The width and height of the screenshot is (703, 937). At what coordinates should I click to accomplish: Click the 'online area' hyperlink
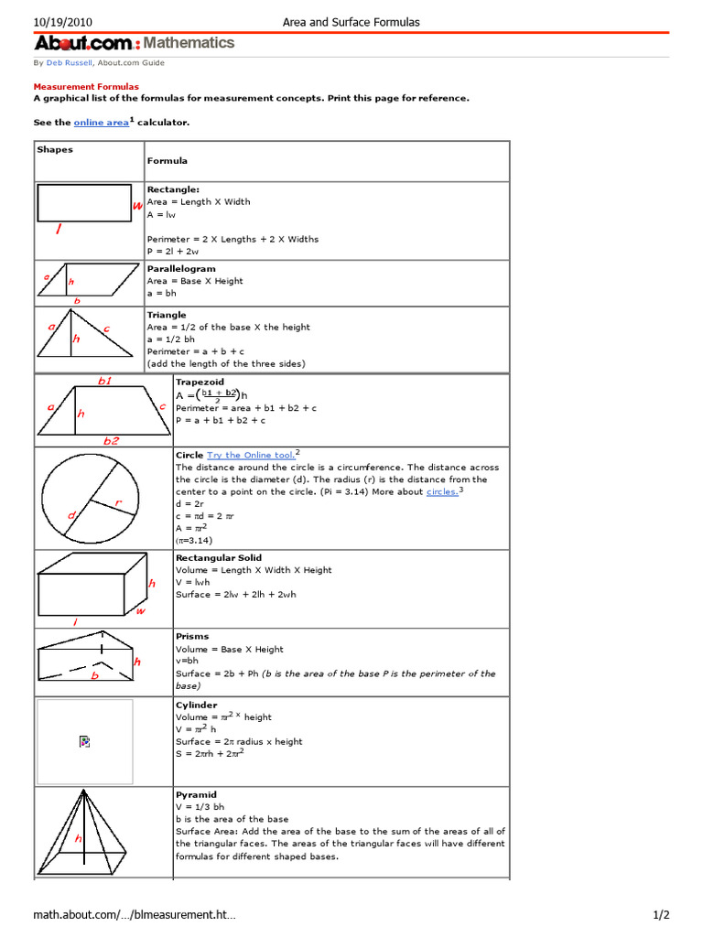click(101, 122)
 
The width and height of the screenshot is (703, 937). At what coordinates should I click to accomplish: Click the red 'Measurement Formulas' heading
click(86, 86)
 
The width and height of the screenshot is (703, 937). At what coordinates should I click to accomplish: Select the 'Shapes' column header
click(55, 149)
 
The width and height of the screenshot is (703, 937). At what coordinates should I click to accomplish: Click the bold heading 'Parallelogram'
click(181, 269)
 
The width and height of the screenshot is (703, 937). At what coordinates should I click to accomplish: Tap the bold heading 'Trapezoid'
click(200, 382)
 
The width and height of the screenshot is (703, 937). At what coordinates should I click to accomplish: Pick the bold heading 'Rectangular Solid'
click(218, 557)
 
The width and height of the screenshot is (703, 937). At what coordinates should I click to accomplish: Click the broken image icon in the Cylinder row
click(84, 741)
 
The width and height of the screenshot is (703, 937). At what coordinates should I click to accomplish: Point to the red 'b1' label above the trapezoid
click(105, 381)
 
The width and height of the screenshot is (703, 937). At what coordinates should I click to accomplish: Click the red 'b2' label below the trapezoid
click(111, 440)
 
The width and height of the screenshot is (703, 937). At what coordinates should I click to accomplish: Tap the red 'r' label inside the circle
click(118, 502)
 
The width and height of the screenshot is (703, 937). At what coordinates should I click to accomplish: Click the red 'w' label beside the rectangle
click(137, 207)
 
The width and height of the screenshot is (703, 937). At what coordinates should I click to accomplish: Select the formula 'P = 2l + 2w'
click(172, 251)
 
